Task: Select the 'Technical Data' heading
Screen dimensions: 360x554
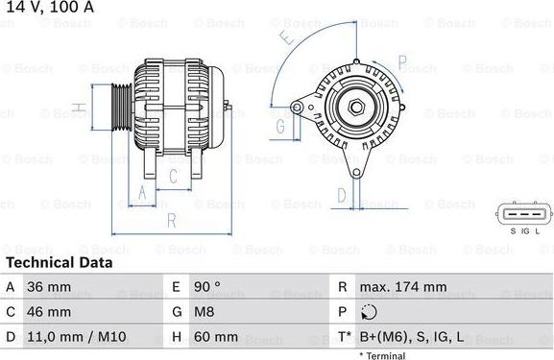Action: pos(59,262)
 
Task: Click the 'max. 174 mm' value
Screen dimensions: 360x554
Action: pos(402,287)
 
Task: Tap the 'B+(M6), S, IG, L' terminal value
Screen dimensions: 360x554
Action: pos(414,337)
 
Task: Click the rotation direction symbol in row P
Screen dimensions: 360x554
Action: pos(370,312)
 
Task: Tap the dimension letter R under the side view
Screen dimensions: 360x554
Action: pos(170,220)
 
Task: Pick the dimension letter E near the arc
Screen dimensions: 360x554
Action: pos(285,38)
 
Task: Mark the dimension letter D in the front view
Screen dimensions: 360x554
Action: pos(341,195)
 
